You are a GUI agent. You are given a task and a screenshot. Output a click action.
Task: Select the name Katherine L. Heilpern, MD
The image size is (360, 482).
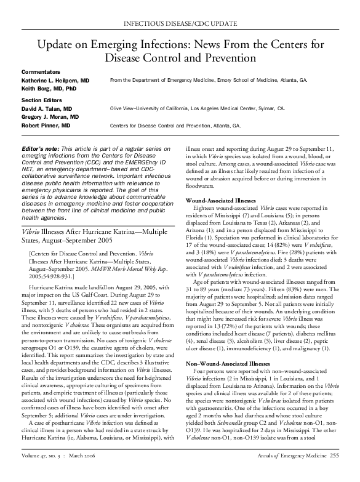(x=55, y=81)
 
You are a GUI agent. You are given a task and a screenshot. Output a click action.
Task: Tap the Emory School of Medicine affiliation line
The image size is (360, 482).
(x=208, y=81)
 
